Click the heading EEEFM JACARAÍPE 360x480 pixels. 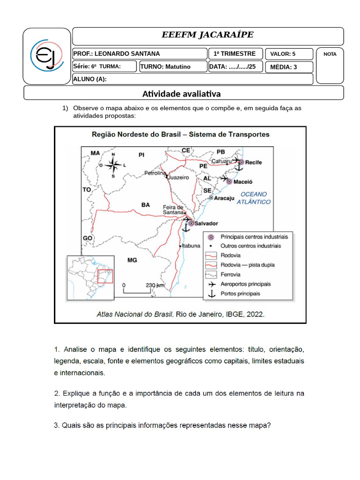(x=208, y=36)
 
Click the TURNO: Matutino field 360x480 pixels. (x=172, y=67)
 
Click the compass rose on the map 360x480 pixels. (x=113, y=164)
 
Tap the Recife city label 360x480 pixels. (x=254, y=162)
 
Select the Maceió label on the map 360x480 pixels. (x=243, y=181)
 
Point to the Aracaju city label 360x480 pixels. (x=224, y=198)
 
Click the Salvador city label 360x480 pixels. (x=206, y=223)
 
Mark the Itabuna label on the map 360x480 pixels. (x=191, y=246)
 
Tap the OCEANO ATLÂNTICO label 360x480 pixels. (x=253, y=198)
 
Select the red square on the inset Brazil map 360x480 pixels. (x=105, y=276)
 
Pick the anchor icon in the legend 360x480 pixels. (x=211, y=294)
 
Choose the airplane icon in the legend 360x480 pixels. (x=211, y=284)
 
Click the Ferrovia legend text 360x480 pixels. (x=231, y=275)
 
